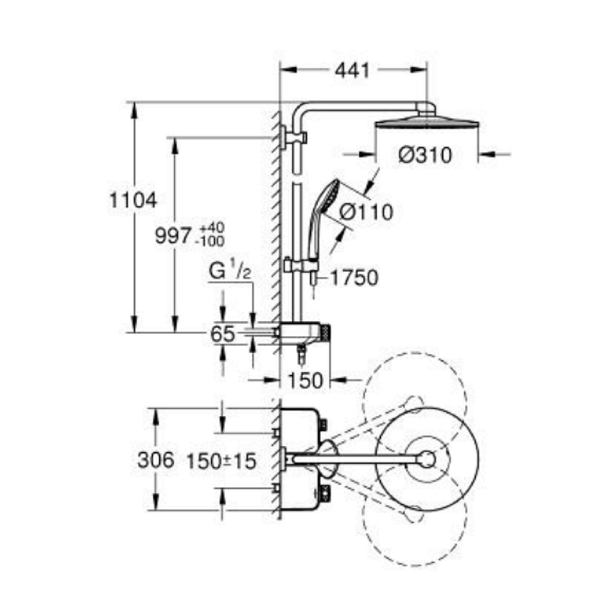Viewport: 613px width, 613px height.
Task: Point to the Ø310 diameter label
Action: [425, 156]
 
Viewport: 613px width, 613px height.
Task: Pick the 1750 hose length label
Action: [354, 278]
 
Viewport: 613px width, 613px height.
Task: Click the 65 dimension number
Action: [223, 334]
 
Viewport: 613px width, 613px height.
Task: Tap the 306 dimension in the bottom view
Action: [156, 460]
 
